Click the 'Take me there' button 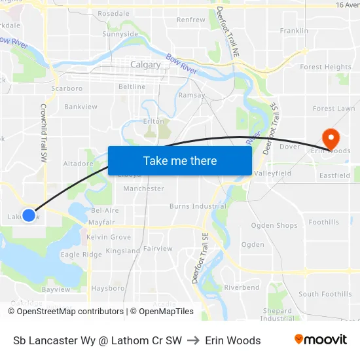[180, 160]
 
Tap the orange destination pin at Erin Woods [330, 139]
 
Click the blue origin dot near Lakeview [29, 214]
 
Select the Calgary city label [145, 65]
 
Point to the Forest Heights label [325, 67]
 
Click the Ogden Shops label [274, 226]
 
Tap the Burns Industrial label [198, 206]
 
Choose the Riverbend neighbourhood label [242, 287]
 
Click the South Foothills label [325, 295]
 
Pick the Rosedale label [113, 14]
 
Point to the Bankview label [81, 107]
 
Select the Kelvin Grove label [109, 237]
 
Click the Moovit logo [321, 340]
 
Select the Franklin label [294, 31]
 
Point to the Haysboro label [108, 288]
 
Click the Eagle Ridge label [81, 254]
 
